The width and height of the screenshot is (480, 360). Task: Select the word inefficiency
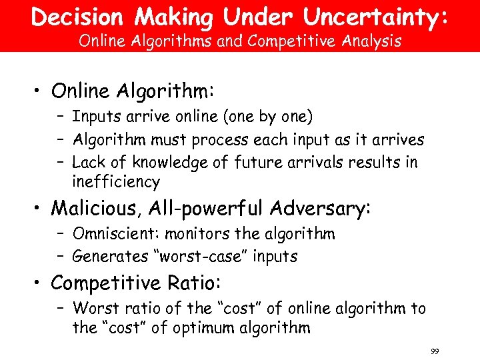pos(116,182)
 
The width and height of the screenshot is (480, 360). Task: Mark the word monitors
pos(192,234)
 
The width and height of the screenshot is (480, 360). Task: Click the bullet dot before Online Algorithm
pos(40,91)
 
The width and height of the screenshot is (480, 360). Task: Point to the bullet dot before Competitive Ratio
pos(40,283)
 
